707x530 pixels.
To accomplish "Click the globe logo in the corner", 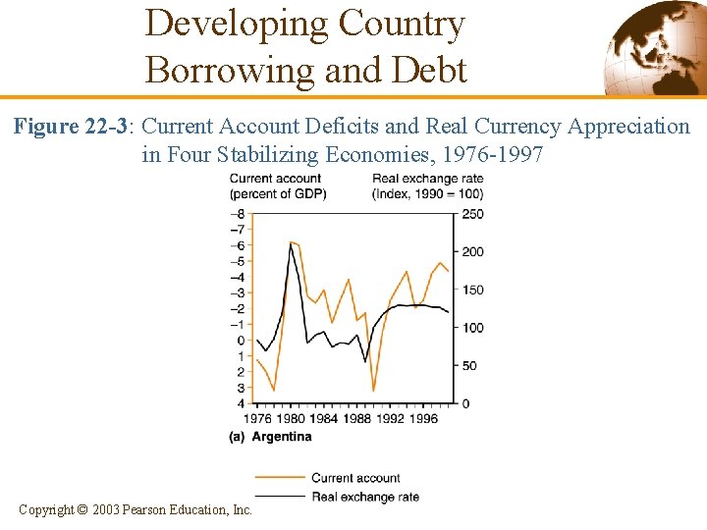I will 652,46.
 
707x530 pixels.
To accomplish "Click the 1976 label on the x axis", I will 257,419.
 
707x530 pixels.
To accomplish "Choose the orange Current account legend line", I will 279,478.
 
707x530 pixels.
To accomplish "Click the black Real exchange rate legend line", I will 279,497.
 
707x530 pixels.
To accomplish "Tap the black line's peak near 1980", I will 291,244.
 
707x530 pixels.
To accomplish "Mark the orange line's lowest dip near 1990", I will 373,391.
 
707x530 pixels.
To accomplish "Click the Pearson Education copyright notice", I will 136,509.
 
